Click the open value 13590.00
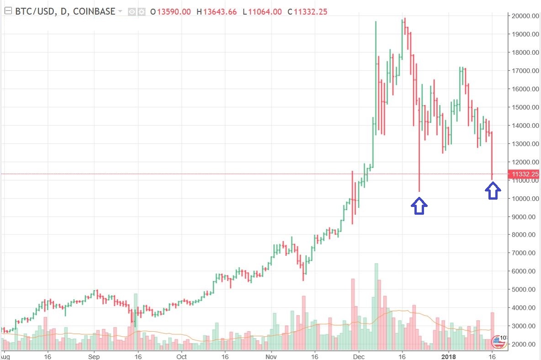click(x=174, y=11)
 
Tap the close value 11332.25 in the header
click(x=310, y=11)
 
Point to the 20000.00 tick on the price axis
click(x=524, y=16)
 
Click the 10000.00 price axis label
click(x=524, y=198)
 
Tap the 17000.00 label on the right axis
click(x=524, y=71)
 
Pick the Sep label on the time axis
click(x=94, y=355)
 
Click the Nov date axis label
click(x=271, y=355)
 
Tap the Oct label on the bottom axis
click(x=182, y=355)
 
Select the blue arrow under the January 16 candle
click(x=492, y=191)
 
